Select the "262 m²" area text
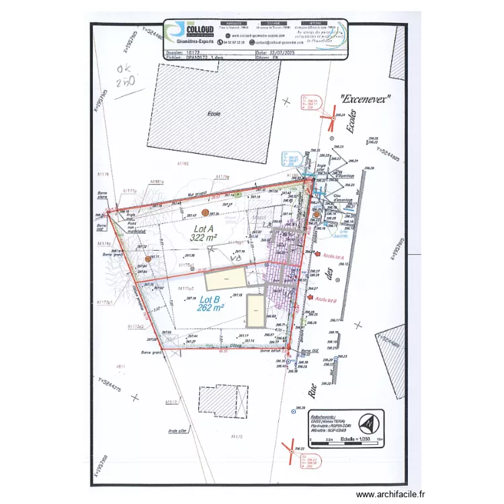click(210, 308)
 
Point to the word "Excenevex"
click(366, 98)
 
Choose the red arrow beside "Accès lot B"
click(310, 296)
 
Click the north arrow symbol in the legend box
click(368, 424)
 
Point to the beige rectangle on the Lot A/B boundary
click(225, 278)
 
